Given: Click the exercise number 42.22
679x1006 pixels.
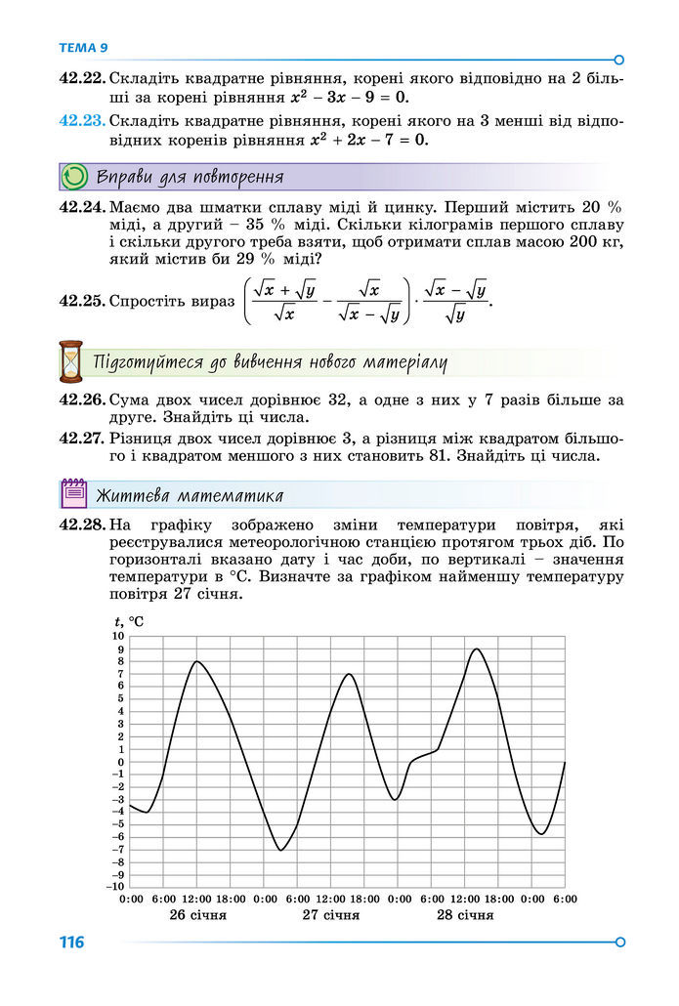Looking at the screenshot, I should tap(82, 77).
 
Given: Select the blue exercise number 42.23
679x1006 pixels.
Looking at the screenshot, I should tap(82, 121).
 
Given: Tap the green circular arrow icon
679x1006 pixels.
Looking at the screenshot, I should tap(73, 177).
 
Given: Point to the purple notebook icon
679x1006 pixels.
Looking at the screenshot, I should tap(73, 494).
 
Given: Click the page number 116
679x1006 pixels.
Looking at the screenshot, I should tap(71, 943).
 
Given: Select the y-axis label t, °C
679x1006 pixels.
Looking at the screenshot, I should tap(129, 620).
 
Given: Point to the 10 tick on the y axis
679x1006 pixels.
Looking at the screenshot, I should tap(118, 637).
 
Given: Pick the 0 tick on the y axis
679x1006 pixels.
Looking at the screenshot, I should tap(120, 762).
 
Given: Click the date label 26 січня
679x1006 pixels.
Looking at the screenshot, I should tap(197, 915).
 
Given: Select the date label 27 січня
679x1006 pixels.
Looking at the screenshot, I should tap(331, 915).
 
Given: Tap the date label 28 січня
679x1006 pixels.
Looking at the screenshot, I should tap(465, 915).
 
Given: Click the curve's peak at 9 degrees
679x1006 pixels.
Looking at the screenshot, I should tap(476, 650).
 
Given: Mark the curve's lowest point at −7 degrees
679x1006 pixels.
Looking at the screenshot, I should tap(280, 850).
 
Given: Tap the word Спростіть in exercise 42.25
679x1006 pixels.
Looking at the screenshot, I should tap(171, 302).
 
